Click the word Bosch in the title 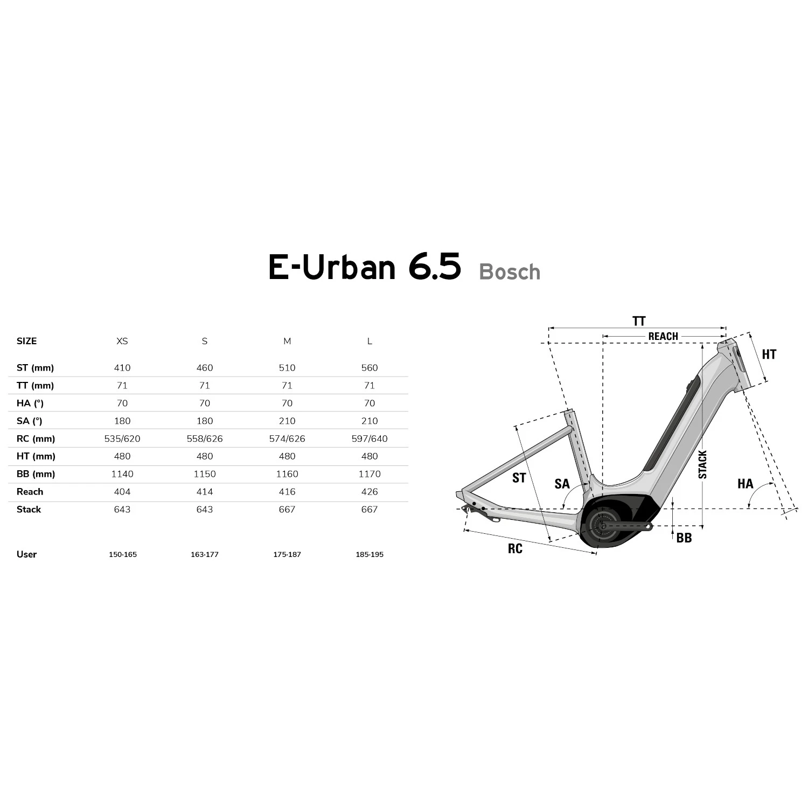click(510, 271)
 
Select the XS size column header click(122, 341)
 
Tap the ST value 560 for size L click(370, 368)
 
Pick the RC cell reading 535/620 click(122, 438)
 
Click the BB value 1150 click(205, 474)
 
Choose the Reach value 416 click(287, 492)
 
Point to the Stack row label click(29, 510)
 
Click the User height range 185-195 click(370, 554)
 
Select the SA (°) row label click(30, 421)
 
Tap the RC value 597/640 click(370, 438)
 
